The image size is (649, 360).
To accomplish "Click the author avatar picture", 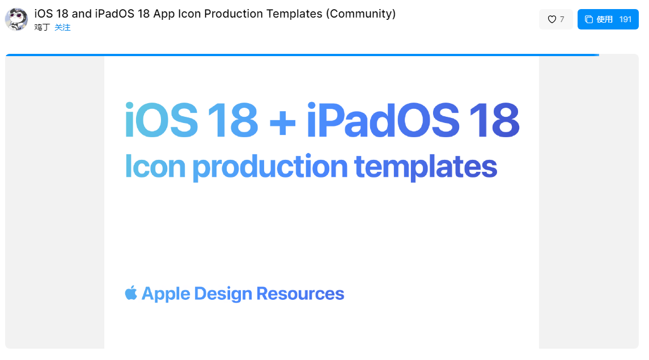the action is (x=16, y=19).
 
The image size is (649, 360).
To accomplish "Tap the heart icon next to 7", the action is (x=552, y=19).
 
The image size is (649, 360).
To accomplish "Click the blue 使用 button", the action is (x=608, y=19).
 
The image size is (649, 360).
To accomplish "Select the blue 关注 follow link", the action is (x=62, y=27).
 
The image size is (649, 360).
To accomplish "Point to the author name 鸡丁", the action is (x=42, y=27).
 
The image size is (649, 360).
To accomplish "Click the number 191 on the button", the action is (x=625, y=19).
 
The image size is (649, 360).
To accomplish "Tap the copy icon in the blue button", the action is (x=588, y=19).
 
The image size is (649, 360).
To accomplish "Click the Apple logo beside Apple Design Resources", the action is (x=131, y=293).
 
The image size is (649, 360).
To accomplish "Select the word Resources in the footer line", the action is (x=300, y=293).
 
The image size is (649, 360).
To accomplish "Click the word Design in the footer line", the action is (x=223, y=294).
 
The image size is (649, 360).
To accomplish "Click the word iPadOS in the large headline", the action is (x=383, y=120).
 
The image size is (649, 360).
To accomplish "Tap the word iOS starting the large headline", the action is (x=162, y=120).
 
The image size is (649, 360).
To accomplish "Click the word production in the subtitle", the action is (x=270, y=167).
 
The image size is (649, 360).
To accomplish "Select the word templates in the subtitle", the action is (x=426, y=167).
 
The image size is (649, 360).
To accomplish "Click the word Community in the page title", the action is (x=360, y=14).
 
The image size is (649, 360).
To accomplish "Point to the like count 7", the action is (x=562, y=19).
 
